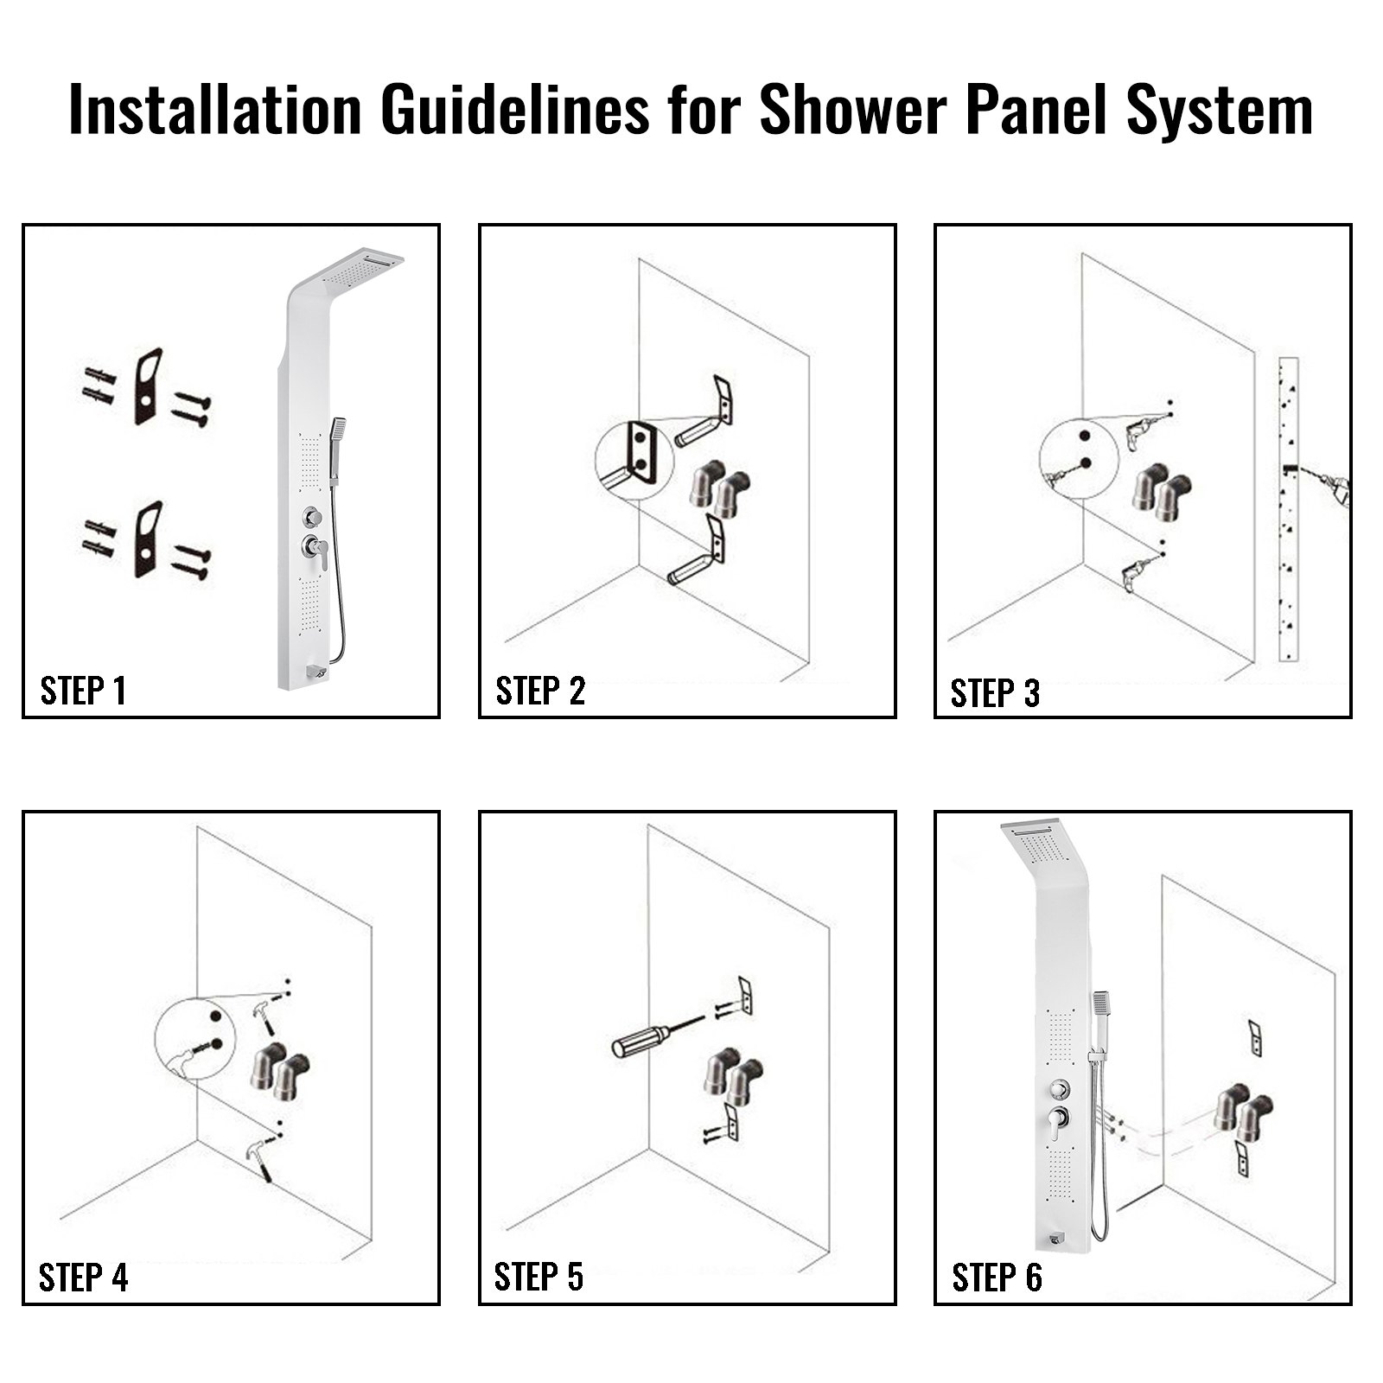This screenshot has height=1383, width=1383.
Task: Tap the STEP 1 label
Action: click(x=83, y=691)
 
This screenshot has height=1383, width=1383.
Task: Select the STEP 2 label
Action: click(x=540, y=691)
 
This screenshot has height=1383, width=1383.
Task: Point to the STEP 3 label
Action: click(x=995, y=693)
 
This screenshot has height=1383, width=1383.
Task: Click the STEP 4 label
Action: click(x=83, y=1278)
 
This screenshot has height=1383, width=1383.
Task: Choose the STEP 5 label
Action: click(x=539, y=1277)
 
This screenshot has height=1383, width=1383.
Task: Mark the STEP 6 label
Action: click(x=997, y=1278)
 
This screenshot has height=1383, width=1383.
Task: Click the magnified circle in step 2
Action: click(x=634, y=461)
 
